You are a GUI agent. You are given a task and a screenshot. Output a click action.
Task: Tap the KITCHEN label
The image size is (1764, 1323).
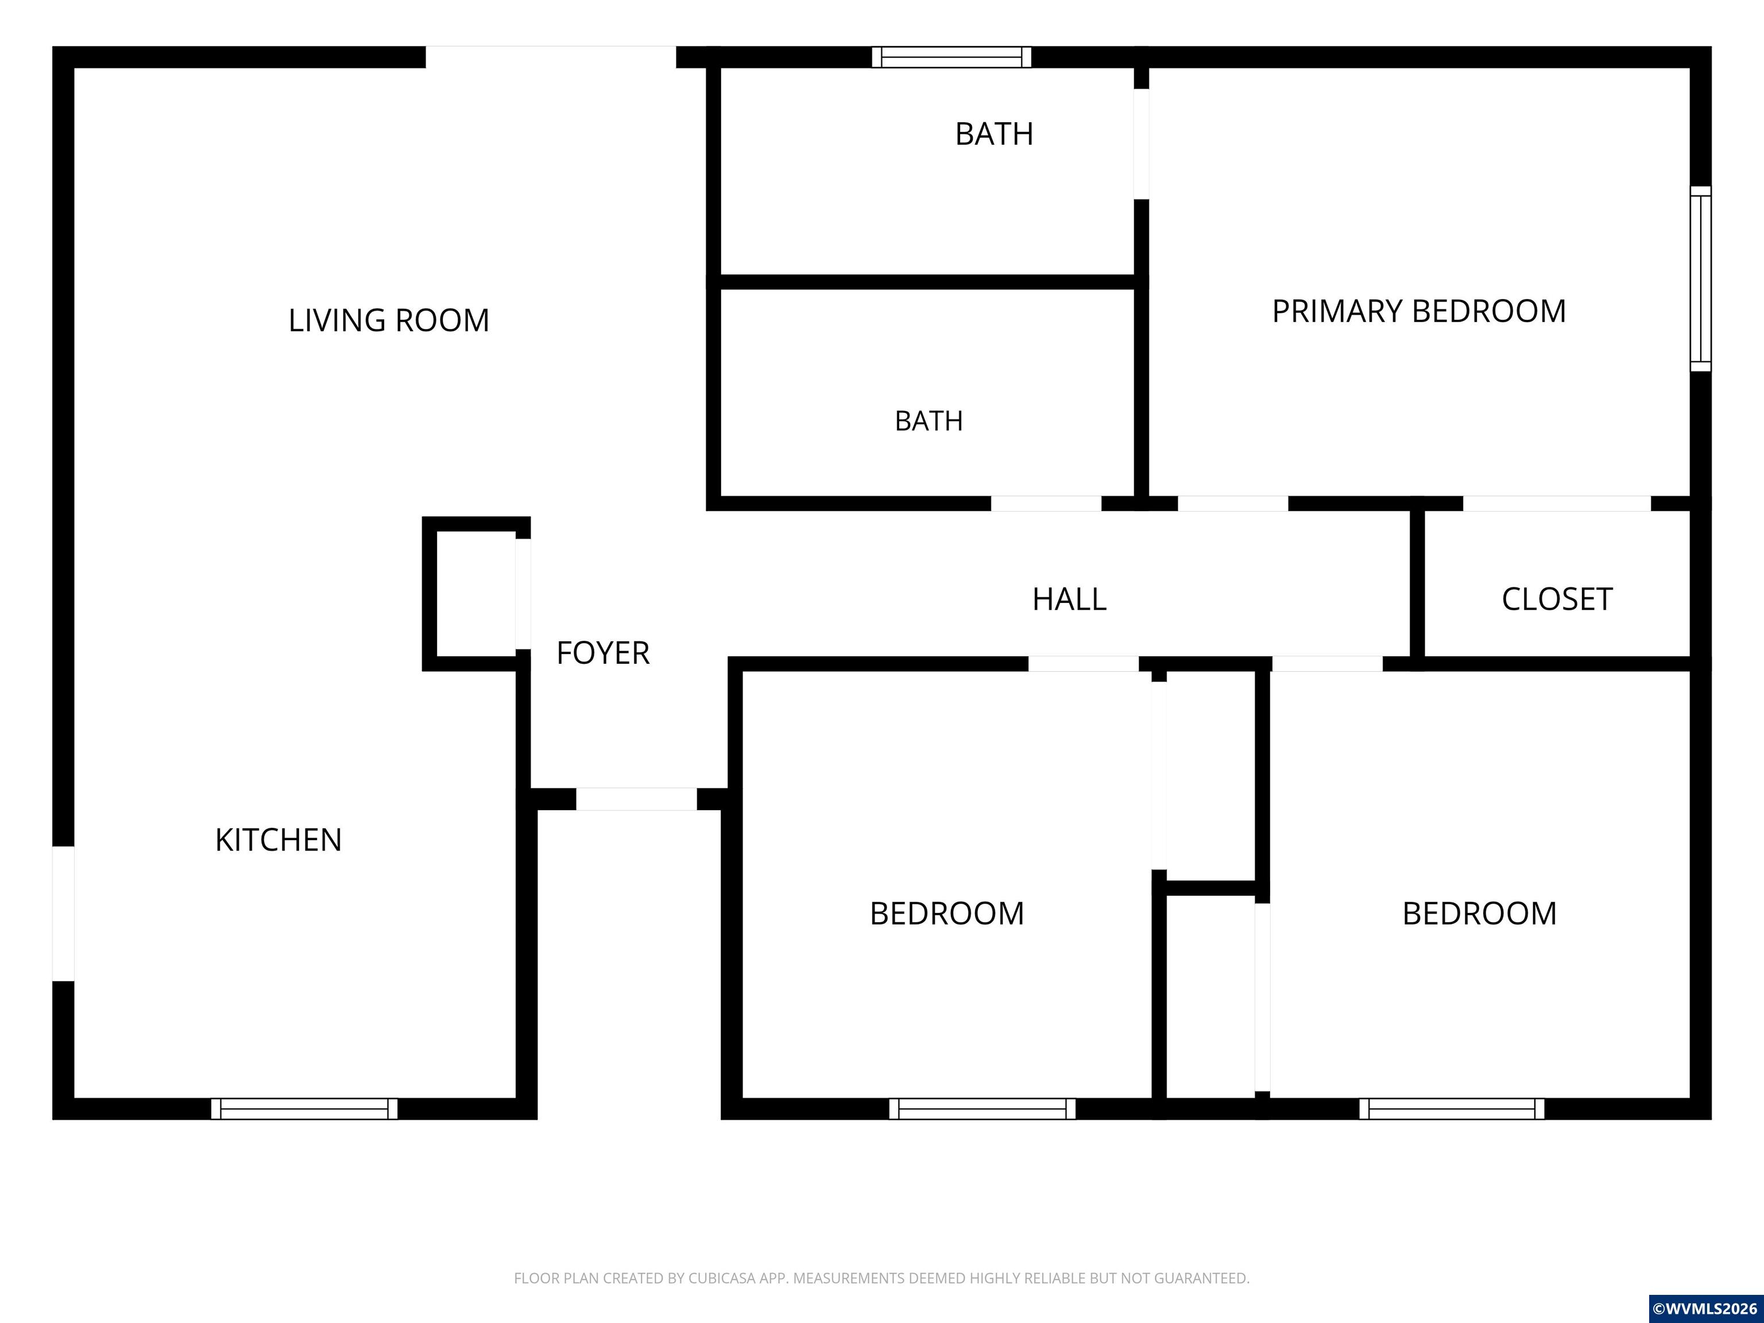click(x=278, y=840)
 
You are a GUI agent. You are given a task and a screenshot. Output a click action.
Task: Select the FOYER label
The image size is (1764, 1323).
click(x=603, y=653)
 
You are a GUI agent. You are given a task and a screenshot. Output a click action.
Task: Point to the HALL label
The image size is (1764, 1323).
click(x=1069, y=599)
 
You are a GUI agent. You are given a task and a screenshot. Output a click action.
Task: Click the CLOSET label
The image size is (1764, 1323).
click(x=1557, y=599)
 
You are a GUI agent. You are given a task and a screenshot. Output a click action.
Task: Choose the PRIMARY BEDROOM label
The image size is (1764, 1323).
click(x=1419, y=311)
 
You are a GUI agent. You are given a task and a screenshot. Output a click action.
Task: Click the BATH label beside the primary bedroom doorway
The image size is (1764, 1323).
click(x=995, y=134)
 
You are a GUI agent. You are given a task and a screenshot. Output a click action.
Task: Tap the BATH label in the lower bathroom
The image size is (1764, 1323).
click(x=929, y=420)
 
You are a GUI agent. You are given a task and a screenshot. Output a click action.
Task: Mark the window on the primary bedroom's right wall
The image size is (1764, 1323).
click(x=1701, y=278)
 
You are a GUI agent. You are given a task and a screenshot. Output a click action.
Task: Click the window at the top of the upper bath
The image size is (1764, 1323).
click(x=951, y=57)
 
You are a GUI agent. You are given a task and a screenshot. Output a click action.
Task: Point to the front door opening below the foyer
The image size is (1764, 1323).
click(x=636, y=799)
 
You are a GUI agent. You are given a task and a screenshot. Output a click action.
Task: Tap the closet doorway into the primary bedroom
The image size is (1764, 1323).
click(x=1557, y=503)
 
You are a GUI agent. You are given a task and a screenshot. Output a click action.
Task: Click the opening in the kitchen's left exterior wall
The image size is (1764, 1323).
click(x=63, y=913)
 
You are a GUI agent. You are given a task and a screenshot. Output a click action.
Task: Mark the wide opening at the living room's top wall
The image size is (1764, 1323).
click(x=551, y=57)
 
